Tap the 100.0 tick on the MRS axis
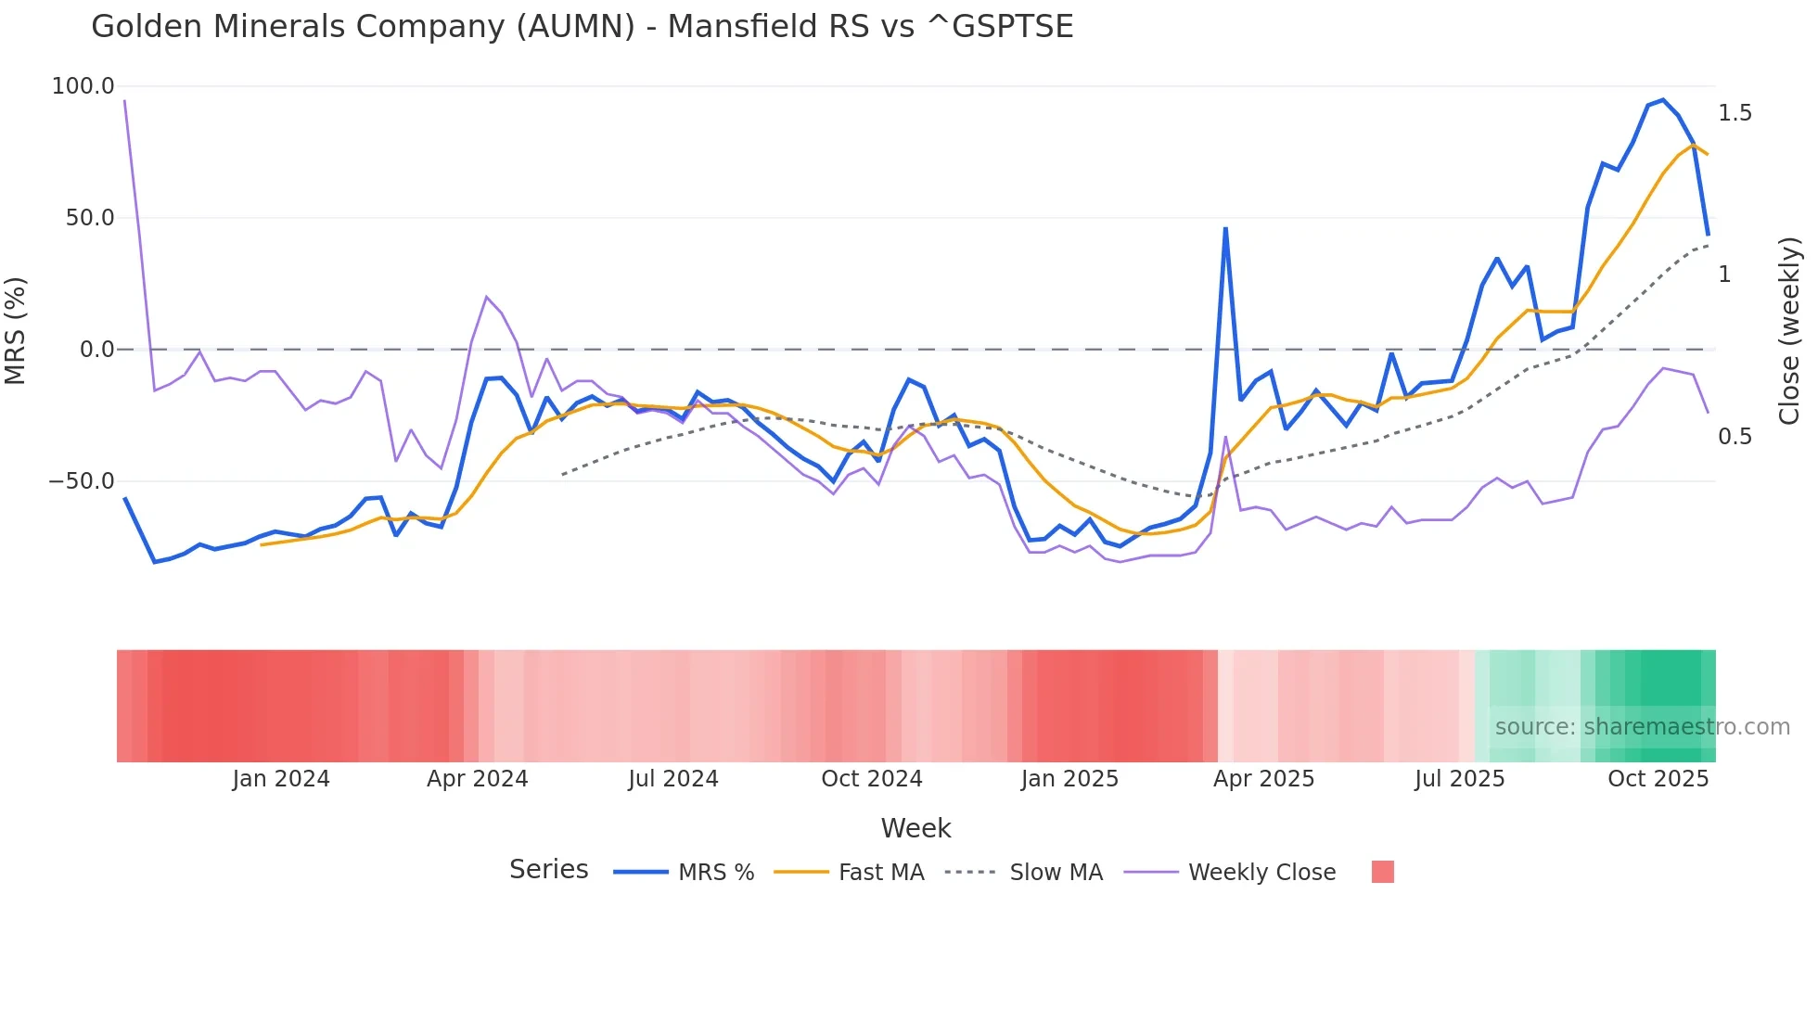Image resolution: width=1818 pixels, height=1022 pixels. coord(83,86)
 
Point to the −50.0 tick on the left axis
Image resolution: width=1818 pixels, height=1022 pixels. coord(82,481)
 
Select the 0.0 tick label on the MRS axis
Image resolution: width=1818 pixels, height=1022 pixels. coord(96,350)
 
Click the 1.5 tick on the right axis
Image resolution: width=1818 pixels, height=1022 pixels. coord(1735,113)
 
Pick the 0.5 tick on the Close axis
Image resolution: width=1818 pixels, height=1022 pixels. coord(1735,437)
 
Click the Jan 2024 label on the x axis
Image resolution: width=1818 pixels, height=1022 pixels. coord(281,779)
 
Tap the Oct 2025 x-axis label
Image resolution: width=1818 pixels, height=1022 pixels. coord(1658,779)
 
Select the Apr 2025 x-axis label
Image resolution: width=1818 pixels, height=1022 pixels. coord(1263,779)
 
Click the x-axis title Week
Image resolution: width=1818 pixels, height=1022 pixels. coord(915,828)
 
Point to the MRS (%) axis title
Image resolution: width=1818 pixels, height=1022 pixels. coord(16,330)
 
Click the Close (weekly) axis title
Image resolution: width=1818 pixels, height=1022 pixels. coord(1789,330)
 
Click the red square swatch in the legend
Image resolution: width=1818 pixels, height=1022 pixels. coord(1382,872)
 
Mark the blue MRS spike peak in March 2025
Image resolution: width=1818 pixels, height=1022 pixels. coord(1225,228)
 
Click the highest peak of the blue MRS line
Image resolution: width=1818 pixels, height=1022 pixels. coord(1663,100)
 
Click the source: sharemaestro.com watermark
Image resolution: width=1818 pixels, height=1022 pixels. coord(1642,727)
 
